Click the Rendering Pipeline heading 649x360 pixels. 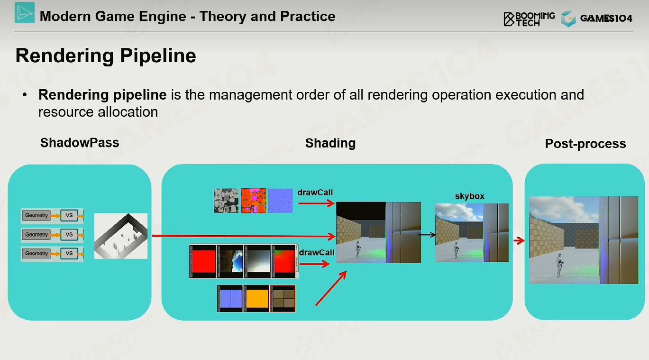pos(106,55)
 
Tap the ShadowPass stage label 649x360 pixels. pos(80,143)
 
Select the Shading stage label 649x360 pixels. pos(330,143)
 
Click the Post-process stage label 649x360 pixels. pos(585,144)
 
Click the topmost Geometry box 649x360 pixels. pos(36,215)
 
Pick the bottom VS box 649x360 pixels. pos(69,253)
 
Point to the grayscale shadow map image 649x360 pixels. pos(121,236)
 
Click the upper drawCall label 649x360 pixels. pos(315,193)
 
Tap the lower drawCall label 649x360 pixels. pos(317,252)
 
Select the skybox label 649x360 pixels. pos(470,196)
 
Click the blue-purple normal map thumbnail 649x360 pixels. pos(281,201)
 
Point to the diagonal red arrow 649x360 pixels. pos(331,288)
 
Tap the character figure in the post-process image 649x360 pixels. pos(559,265)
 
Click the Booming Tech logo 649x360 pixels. pos(529,19)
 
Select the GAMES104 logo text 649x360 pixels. pos(606,18)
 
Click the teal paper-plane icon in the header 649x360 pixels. pos(25,13)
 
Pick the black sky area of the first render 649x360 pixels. pos(361,211)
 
